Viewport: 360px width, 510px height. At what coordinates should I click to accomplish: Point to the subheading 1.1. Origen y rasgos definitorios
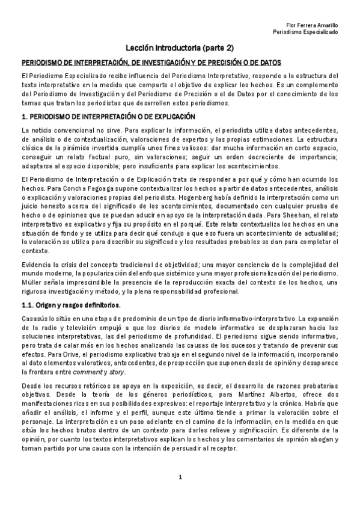point(70,306)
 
